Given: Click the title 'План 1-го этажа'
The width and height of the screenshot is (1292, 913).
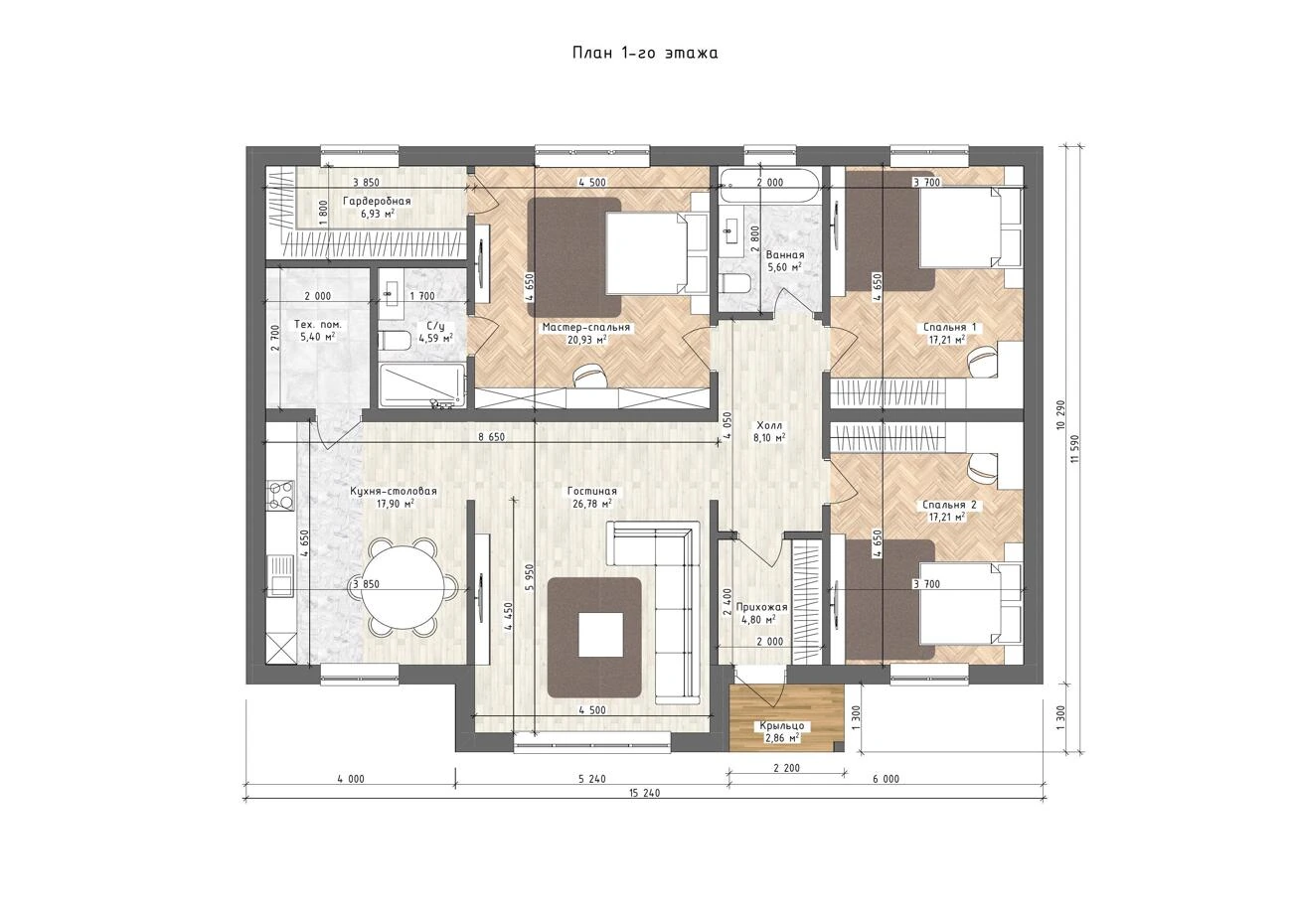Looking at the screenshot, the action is tap(645, 53).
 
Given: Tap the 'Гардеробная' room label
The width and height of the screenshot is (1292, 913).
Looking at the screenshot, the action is tap(377, 201).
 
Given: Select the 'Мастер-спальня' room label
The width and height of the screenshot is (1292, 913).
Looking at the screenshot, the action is tap(586, 328).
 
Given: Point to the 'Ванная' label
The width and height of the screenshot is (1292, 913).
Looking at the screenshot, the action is tap(784, 254).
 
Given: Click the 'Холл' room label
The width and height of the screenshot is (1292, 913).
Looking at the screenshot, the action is tap(769, 425).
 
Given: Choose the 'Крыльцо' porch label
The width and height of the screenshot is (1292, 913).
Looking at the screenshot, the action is tap(781, 725).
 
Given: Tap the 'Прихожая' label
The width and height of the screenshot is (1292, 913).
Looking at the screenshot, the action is tap(762, 607).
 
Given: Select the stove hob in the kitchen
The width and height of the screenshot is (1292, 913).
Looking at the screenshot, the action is tap(280, 496).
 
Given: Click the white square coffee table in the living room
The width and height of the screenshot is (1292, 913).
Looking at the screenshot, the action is tap(601, 634).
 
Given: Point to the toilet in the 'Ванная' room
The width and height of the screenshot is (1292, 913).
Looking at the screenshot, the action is tap(734, 284).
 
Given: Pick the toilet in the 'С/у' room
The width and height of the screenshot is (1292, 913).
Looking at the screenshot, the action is tap(394, 340).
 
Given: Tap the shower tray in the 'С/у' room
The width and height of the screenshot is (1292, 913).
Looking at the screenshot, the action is tap(422, 385).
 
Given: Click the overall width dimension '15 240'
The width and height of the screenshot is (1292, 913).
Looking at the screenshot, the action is tap(644, 793).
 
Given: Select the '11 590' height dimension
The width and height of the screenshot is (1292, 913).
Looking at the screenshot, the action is tap(1073, 449).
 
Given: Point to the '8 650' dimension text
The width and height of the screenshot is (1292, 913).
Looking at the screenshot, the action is tap(491, 437).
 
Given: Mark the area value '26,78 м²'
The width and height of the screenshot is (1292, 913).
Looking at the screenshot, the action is tap(591, 503).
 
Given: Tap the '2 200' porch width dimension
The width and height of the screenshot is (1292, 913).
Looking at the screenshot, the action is tap(787, 768).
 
